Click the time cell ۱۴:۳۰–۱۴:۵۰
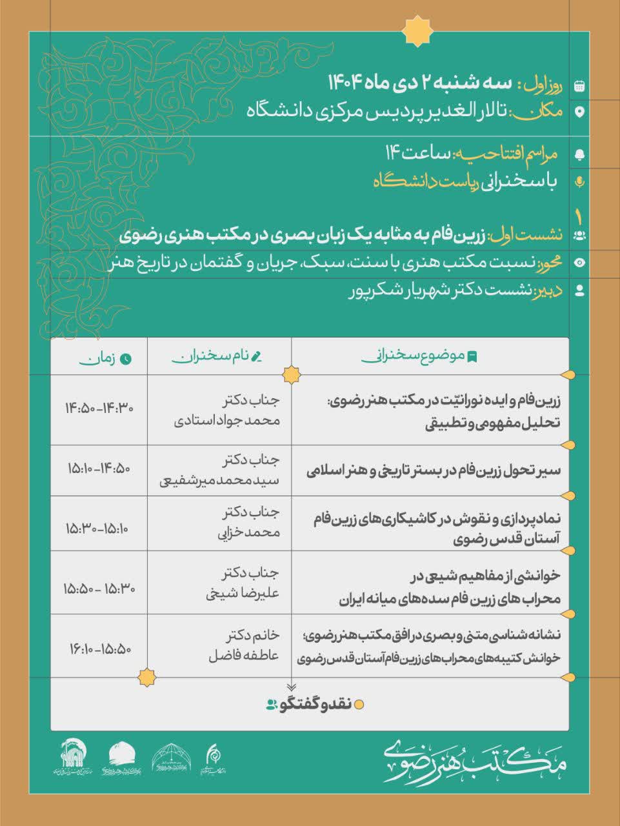pos(99,408)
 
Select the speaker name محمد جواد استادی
pos(228,421)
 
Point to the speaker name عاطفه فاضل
pos(244,655)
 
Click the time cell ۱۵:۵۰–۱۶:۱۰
pos(99,647)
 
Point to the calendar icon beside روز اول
pos(579,85)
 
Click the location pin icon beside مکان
pos(579,112)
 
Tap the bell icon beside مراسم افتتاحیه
pos(579,154)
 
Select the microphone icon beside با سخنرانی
pos(579,182)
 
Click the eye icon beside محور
pos(579,262)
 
